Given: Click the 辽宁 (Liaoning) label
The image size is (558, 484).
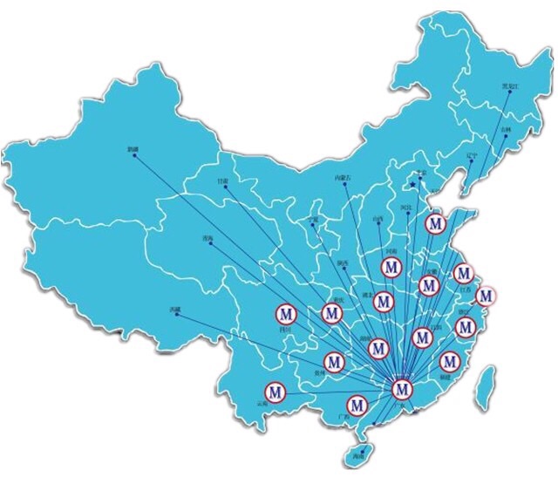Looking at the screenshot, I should coord(472,156).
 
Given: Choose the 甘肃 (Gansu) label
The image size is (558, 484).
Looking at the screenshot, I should coord(222,181).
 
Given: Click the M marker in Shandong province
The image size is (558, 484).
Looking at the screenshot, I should coord(434,223).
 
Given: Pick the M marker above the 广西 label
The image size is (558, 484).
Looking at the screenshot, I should coord(357,406).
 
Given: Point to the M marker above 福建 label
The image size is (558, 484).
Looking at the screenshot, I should coord(450,360).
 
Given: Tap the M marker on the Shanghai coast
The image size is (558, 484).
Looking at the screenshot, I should coord(486,296).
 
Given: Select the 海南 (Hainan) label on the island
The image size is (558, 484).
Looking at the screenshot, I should coord(355,454).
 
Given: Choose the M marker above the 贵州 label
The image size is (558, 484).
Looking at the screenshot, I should coord(334,360).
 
